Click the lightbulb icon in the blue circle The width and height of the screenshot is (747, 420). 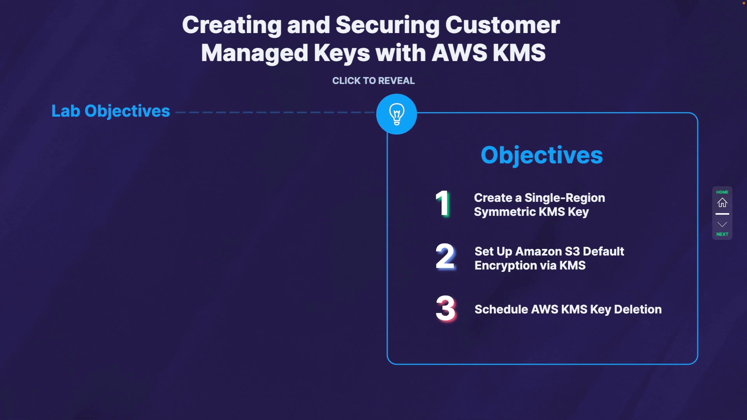[396, 114]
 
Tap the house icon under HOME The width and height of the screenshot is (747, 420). [722, 203]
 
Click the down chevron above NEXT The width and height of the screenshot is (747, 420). [722, 224]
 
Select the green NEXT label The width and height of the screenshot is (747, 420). [722, 234]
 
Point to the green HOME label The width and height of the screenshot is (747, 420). [722, 192]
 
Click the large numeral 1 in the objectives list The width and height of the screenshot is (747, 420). [443, 203]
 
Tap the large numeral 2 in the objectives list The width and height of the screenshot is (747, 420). [445, 256]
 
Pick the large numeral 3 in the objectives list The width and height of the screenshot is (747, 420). [445, 308]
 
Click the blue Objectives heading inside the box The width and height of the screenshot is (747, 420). [542, 155]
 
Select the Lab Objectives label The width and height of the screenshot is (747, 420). [110, 111]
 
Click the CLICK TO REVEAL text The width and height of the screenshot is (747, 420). [373, 80]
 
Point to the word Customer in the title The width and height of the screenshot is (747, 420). [502, 25]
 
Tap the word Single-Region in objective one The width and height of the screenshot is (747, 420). [565, 198]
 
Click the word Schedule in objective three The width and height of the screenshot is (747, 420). [501, 309]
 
